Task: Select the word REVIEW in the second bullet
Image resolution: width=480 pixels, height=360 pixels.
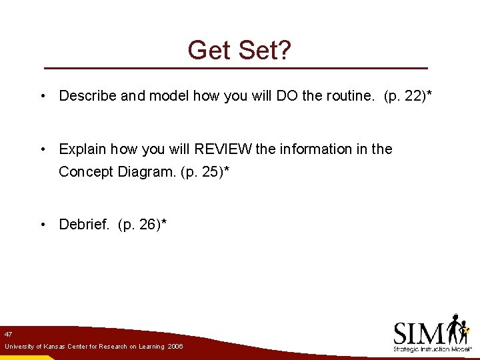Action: pos(223,149)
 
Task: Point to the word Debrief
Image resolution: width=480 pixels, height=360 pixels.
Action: pos(84,225)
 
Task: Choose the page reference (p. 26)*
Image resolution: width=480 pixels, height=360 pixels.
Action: pos(142,225)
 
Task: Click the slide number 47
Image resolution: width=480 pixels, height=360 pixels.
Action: pos(8,333)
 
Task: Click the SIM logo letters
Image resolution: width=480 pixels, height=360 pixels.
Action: pos(419,333)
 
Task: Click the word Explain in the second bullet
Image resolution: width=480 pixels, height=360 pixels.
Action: pos(83,149)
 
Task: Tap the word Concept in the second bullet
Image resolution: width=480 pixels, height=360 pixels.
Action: pos(86,171)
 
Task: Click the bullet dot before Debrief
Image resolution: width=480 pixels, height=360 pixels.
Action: pos(42,225)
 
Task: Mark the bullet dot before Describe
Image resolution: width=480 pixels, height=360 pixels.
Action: pos(42,95)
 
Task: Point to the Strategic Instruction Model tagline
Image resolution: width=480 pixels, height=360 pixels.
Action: pos(432,349)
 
